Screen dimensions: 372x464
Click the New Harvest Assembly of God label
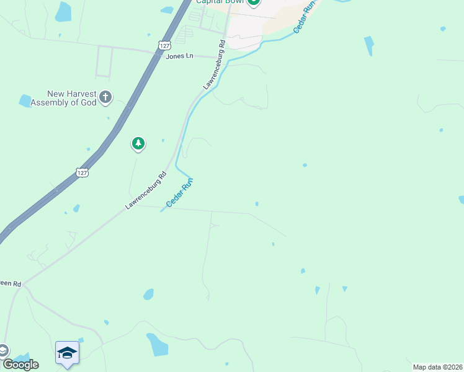point(63,98)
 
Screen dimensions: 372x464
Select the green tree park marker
point(138,144)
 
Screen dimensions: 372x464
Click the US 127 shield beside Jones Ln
point(164,45)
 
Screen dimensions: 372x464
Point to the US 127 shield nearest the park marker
point(82,172)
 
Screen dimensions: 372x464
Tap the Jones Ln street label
point(180,56)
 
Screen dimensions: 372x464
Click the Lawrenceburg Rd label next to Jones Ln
point(213,64)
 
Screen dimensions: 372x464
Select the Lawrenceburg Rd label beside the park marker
point(146,189)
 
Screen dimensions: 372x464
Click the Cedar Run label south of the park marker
point(180,193)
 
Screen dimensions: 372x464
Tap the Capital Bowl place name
point(220,2)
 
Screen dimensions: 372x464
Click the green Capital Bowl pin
point(254,2)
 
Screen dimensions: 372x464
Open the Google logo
point(20,364)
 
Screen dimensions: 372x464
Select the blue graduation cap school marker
point(67,353)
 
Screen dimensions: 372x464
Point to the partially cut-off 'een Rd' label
point(11,283)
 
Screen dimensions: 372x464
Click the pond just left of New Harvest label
point(25,100)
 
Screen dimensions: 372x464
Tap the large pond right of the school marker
point(157,345)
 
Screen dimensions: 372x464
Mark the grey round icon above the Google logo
point(3,350)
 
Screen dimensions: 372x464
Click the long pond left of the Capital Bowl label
point(63,11)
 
